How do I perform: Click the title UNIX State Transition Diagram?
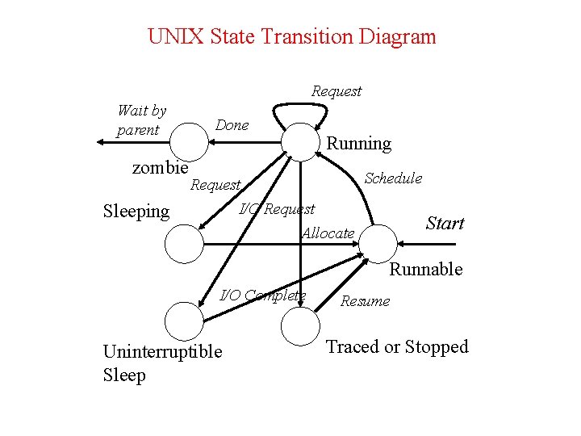(x=291, y=37)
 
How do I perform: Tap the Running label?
(x=358, y=144)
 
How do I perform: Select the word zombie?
(x=160, y=167)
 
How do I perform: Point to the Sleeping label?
(x=136, y=212)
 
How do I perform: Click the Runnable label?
(x=426, y=269)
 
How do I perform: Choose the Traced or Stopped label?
(x=396, y=347)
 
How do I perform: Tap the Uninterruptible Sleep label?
(x=162, y=363)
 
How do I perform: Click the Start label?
(x=445, y=224)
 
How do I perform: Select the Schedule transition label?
(x=393, y=178)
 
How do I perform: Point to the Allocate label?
(x=328, y=233)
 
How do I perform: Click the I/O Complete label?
(x=263, y=295)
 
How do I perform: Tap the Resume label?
(x=365, y=301)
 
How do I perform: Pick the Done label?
(x=232, y=125)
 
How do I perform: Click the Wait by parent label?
(x=141, y=120)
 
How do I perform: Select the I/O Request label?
(x=277, y=210)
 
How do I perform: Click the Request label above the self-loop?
(x=336, y=91)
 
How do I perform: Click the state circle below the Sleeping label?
(x=184, y=244)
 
